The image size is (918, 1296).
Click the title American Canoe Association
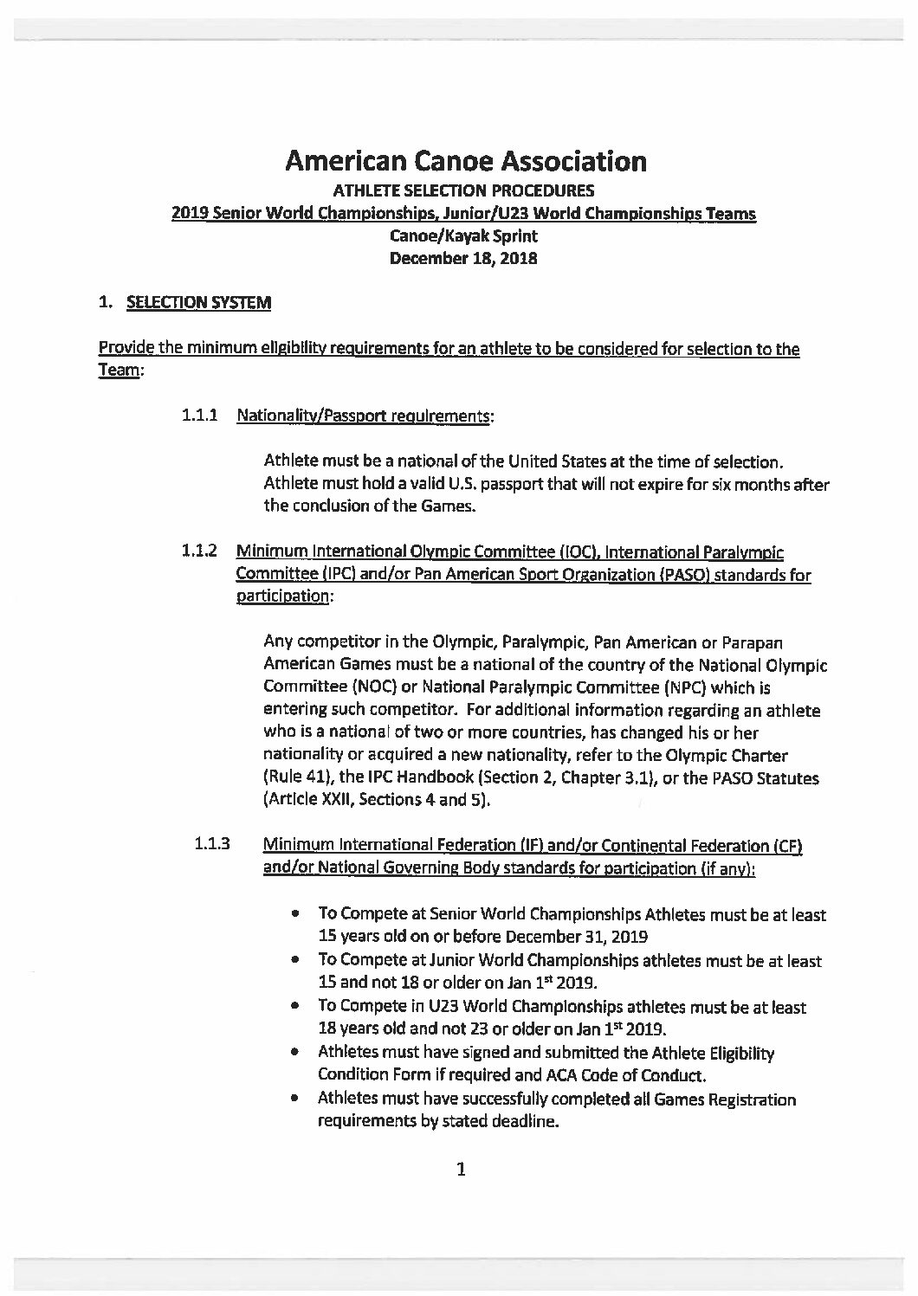tap(466, 161)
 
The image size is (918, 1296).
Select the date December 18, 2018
tap(463, 258)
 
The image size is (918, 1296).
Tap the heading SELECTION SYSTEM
tap(198, 302)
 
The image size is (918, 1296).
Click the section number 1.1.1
tap(199, 416)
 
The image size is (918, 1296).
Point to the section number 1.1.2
tap(199, 551)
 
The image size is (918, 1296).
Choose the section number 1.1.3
tap(212, 844)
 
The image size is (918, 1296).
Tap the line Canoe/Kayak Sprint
tap(463, 235)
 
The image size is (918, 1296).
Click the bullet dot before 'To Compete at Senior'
tap(297, 914)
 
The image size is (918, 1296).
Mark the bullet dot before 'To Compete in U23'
tap(297, 1007)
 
